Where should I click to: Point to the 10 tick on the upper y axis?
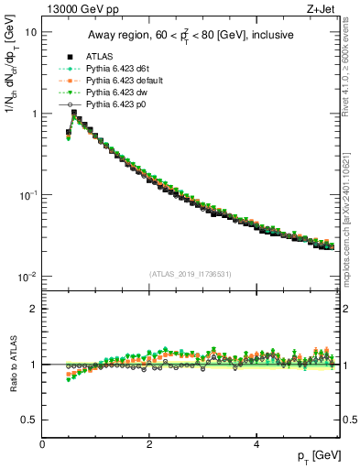30,32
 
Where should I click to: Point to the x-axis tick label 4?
256,445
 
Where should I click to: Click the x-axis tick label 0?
42,445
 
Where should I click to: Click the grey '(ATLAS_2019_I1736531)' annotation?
191,274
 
